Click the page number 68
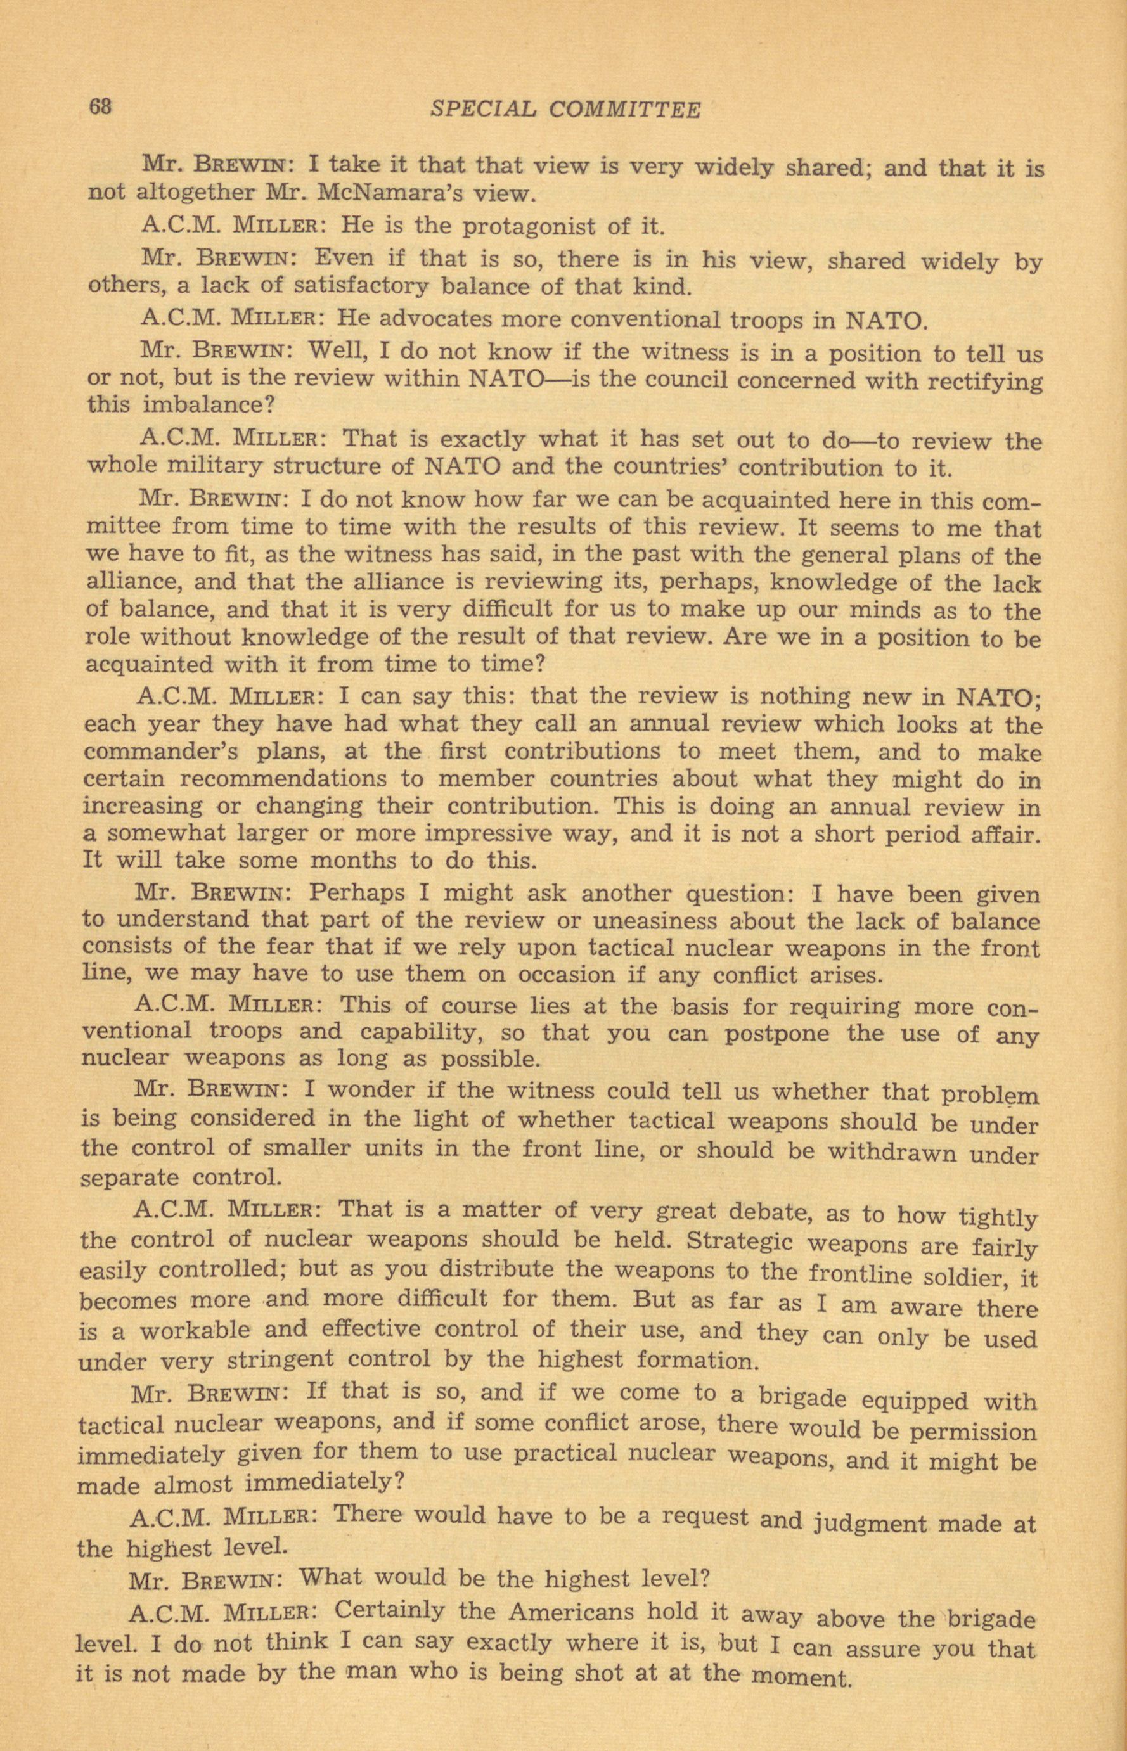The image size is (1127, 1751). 100,107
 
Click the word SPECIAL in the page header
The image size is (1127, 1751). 483,109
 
